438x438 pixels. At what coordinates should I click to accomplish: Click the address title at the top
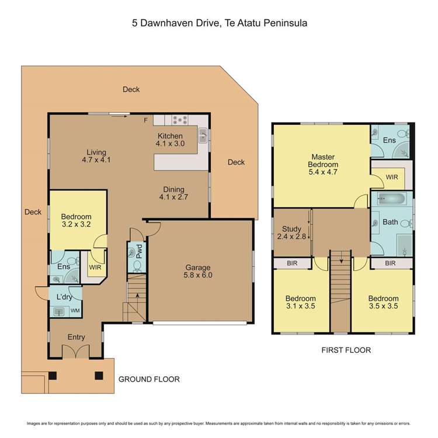coord(218,23)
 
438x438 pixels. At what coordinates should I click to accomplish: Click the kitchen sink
coord(203,136)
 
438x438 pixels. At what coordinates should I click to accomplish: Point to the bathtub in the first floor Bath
coord(392,199)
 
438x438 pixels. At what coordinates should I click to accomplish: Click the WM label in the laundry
coord(75,311)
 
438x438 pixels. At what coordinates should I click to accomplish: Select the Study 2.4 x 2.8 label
coord(291,232)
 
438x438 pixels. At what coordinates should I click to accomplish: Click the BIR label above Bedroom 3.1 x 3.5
coord(292,264)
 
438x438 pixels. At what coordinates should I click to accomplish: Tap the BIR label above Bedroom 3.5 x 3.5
coord(391,264)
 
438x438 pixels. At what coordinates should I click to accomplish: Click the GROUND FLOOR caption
coord(149,379)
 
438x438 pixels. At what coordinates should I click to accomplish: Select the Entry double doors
coord(77,352)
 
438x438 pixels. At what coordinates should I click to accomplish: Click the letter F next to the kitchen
coord(146,121)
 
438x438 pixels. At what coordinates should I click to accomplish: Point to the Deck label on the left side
coord(33,212)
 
